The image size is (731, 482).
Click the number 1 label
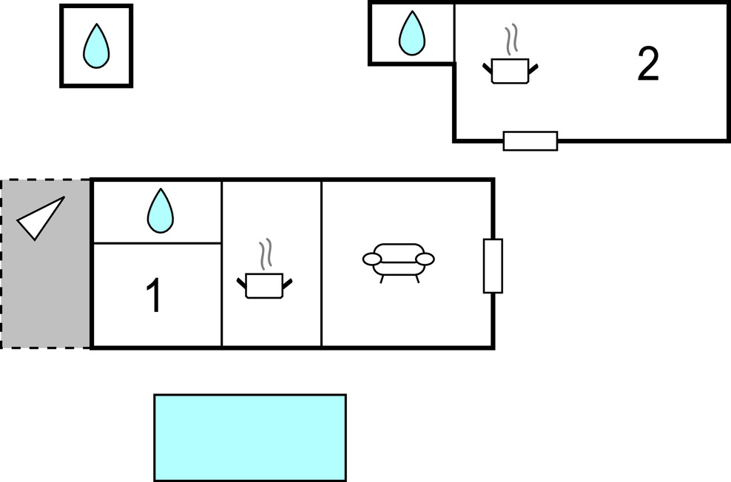tap(154, 296)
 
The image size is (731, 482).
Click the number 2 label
tap(647, 65)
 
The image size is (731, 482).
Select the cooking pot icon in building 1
tap(264, 285)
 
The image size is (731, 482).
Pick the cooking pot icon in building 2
tap(510, 71)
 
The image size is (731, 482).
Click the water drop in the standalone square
tap(95, 46)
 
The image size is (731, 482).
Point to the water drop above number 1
tap(160, 211)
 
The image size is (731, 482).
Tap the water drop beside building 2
tap(412, 34)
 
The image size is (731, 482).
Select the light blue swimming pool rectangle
tap(250, 438)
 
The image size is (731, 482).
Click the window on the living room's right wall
tap(493, 266)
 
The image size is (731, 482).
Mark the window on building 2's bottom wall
tap(530, 140)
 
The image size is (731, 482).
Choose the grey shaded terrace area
tap(44, 296)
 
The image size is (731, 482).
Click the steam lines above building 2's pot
tap(511, 40)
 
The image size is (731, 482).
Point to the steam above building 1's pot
tap(265, 254)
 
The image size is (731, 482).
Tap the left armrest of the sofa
tap(371, 259)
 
